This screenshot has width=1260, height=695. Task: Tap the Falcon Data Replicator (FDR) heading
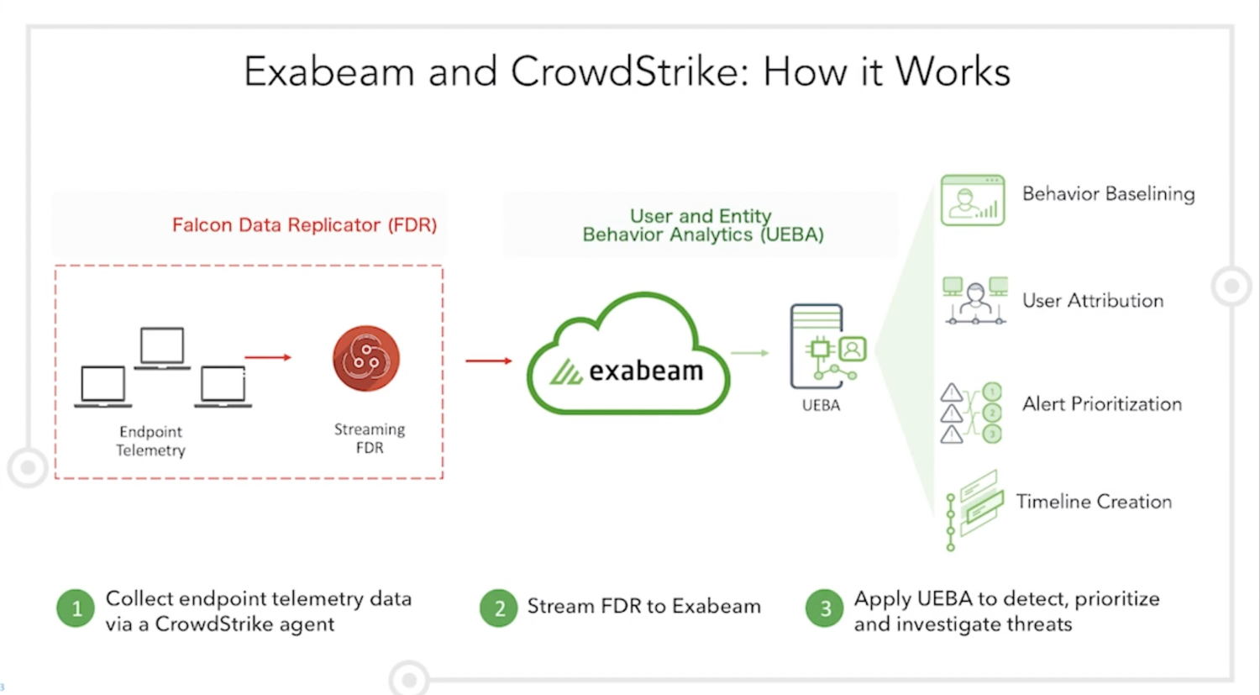point(304,225)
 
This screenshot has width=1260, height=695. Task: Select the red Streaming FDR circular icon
point(366,359)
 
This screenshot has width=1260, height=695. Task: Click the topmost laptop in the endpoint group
point(162,347)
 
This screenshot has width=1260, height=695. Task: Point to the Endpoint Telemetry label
point(150,441)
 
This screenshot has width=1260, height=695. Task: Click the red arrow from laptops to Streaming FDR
point(268,358)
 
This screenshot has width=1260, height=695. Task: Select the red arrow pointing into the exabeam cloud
point(489,361)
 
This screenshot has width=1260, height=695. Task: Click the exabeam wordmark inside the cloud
point(645,371)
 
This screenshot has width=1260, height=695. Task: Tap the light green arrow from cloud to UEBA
point(749,353)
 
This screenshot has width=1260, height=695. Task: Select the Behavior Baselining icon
point(973,200)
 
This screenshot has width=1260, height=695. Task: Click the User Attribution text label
point(1092,301)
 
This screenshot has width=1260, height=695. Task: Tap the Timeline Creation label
point(1094,502)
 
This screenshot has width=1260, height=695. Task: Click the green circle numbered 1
point(76,608)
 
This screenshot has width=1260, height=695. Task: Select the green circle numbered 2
point(499,608)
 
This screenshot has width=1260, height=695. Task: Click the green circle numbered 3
point(824,608)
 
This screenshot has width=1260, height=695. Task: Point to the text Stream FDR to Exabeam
point(643,607)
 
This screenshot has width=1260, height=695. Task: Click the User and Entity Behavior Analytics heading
point(702,225)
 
